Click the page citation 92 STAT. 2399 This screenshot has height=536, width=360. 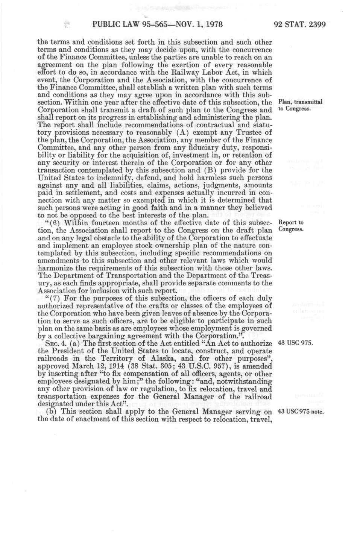300,25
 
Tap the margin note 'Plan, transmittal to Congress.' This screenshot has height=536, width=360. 299,105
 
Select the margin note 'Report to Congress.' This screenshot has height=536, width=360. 290,226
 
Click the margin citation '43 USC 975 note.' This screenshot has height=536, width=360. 300,411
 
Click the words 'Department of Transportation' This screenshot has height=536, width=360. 98,275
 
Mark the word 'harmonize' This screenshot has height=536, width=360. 56,268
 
